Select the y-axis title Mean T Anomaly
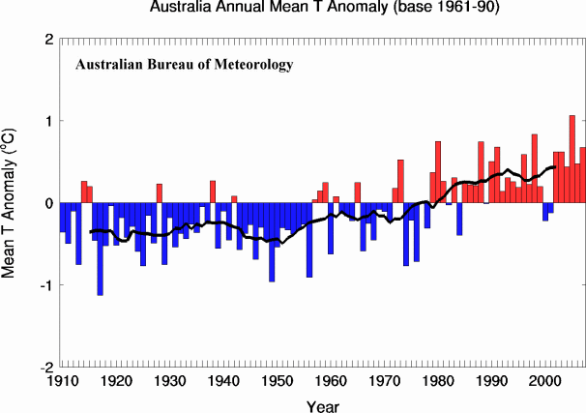12,203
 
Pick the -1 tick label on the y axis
44,285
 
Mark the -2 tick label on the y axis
44,368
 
